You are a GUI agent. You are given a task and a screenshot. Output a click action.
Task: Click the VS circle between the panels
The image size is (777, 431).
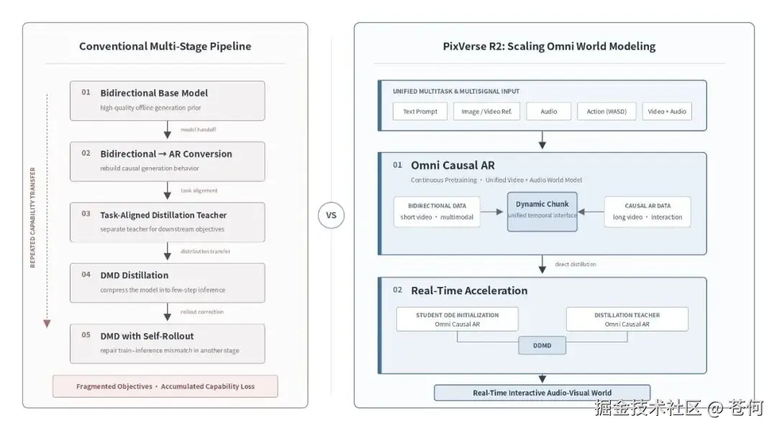331,215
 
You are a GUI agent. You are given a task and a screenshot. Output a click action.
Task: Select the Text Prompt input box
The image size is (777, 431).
419,111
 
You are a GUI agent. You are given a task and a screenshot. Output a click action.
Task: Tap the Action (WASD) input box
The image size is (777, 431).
606,111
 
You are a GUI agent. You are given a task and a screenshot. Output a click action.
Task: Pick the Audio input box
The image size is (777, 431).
548,111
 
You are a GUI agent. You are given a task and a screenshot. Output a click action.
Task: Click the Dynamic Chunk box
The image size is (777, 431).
542,211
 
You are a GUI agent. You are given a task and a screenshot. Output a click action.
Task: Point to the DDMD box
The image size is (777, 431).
542,345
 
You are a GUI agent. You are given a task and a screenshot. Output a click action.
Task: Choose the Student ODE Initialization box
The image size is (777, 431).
457,319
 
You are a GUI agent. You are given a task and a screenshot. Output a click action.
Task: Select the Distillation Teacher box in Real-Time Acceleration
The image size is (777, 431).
627,319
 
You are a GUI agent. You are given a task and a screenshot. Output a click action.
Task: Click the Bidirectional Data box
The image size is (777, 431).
437,211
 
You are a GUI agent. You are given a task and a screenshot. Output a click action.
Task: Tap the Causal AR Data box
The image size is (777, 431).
647,211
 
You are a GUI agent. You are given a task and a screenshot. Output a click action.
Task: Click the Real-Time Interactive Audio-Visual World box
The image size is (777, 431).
542,392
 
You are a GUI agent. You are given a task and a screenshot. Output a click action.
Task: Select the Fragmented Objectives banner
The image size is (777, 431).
165,386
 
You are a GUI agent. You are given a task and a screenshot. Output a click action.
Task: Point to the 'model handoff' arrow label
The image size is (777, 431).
199,130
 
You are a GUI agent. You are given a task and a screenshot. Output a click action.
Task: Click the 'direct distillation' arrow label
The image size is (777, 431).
576,265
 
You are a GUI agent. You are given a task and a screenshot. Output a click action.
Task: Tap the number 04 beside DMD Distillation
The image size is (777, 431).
86,274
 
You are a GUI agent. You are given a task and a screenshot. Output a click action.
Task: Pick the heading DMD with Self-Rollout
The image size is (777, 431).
147,336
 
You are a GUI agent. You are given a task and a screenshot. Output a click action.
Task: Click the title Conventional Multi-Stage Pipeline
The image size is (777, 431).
165,46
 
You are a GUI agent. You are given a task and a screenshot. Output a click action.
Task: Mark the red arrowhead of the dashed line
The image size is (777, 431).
47,324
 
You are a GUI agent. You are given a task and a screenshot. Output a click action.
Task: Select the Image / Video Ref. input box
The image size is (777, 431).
486,111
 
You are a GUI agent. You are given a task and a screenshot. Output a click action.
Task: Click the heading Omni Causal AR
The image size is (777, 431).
453,165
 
